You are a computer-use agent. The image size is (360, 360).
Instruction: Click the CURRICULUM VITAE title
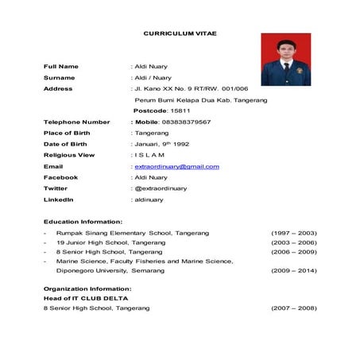[x=180, y=33]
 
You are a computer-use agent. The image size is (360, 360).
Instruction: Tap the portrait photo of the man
[x=285, y=59]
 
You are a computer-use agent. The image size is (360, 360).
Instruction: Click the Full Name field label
[x=61, y=66]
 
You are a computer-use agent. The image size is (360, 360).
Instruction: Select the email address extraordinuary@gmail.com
[x=176, y=166]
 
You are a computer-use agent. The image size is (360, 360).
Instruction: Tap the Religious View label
[x=69, y=155]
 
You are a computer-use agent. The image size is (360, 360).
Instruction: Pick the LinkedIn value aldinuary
[x=150, y=199]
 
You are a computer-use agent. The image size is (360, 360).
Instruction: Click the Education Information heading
[x=83, y=221]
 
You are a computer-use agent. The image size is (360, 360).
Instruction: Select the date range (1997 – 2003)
[x=294, y=232]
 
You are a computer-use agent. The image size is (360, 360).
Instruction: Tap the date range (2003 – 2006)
[x=294, y=242]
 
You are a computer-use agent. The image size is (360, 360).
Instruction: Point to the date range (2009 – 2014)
[x=294, y=270]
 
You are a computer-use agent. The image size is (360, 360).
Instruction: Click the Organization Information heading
[x=87, y=288]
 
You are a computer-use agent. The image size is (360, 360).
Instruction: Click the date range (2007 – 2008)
[x=294, y=307]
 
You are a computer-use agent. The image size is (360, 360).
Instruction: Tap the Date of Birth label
[x=65, y=144]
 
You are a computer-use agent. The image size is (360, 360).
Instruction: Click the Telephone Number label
[x=76, y=122]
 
